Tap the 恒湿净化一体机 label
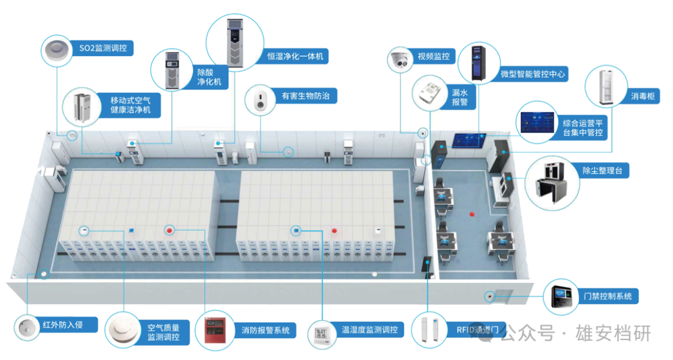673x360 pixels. point(295,56)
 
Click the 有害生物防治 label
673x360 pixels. point(309,96)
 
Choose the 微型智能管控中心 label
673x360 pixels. point(533,73)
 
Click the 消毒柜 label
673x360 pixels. point(642,96)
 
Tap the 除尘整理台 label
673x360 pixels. point(606,169)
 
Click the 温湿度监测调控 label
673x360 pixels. point(370,329)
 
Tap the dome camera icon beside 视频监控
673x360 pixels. point(399,60)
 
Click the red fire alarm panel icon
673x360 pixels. point(211,331)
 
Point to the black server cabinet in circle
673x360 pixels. point(478,64)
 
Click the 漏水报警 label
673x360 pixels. point(459,97)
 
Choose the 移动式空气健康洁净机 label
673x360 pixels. point(134,105)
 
